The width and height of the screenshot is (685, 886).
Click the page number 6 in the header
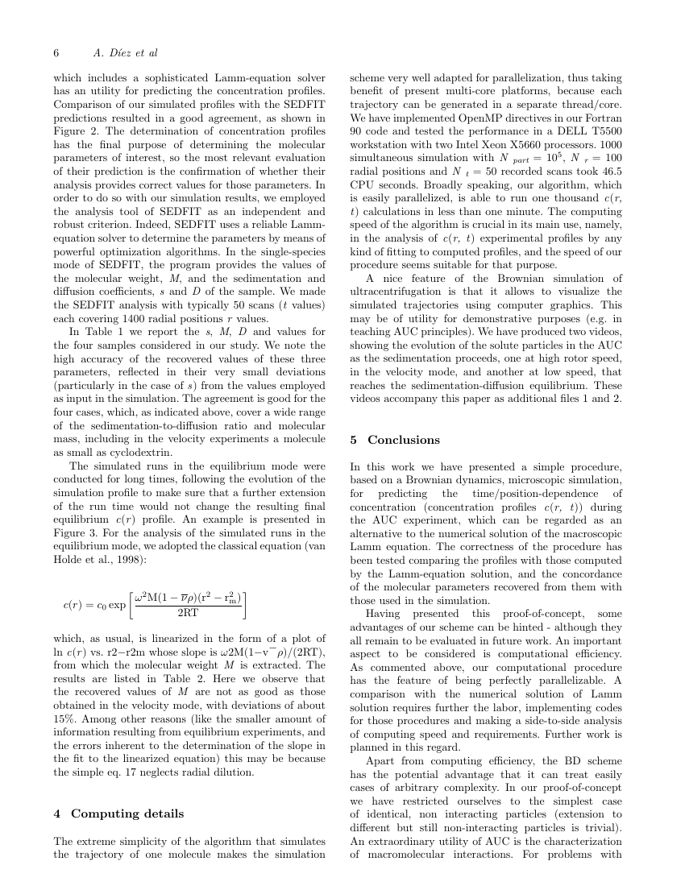point(56,53)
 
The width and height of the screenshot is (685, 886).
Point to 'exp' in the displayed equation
point(116,603)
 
